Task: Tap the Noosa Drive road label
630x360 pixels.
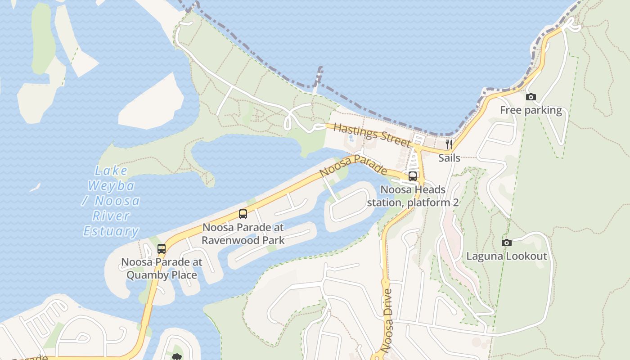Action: pyautogui.click(x=387, y=320)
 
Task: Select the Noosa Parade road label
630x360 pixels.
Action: pyautogui.click(x=353, y=166)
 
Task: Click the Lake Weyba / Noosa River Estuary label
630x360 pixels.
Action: pyautogui.click(x=111, y=201)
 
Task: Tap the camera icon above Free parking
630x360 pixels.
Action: pyautogui.click(x=531, y=97)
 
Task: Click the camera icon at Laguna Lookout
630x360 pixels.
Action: pyautogui.click(x=507, y=243)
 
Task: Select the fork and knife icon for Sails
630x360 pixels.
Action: pyautogui.click(x=449, y=144)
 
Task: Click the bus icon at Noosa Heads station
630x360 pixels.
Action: pyautogui.click(x=413, y=176)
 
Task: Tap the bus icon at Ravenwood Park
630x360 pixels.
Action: pyautogui.click(x=243, y=214)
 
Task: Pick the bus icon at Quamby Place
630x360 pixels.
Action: pyautogui.click(x=162, y=249)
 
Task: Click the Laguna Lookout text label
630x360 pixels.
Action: pyautogui.click(x=507, y=256)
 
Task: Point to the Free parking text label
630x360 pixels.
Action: pyautogui.click(x=531, y=110)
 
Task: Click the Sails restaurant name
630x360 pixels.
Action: pyautogui.click(x=449, y=158)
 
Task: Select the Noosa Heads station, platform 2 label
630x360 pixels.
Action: pyautogui.click(x=413, y=196)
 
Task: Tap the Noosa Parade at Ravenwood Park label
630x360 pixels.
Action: pyautogui.click(x=243, y=234)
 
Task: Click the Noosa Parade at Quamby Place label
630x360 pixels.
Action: pyautogui.click(x=162, y=268)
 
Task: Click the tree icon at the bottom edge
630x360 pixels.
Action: pyautogui.click(x=177, y=357)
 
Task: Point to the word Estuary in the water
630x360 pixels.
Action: pyautogui.click(x=111, y=231)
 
